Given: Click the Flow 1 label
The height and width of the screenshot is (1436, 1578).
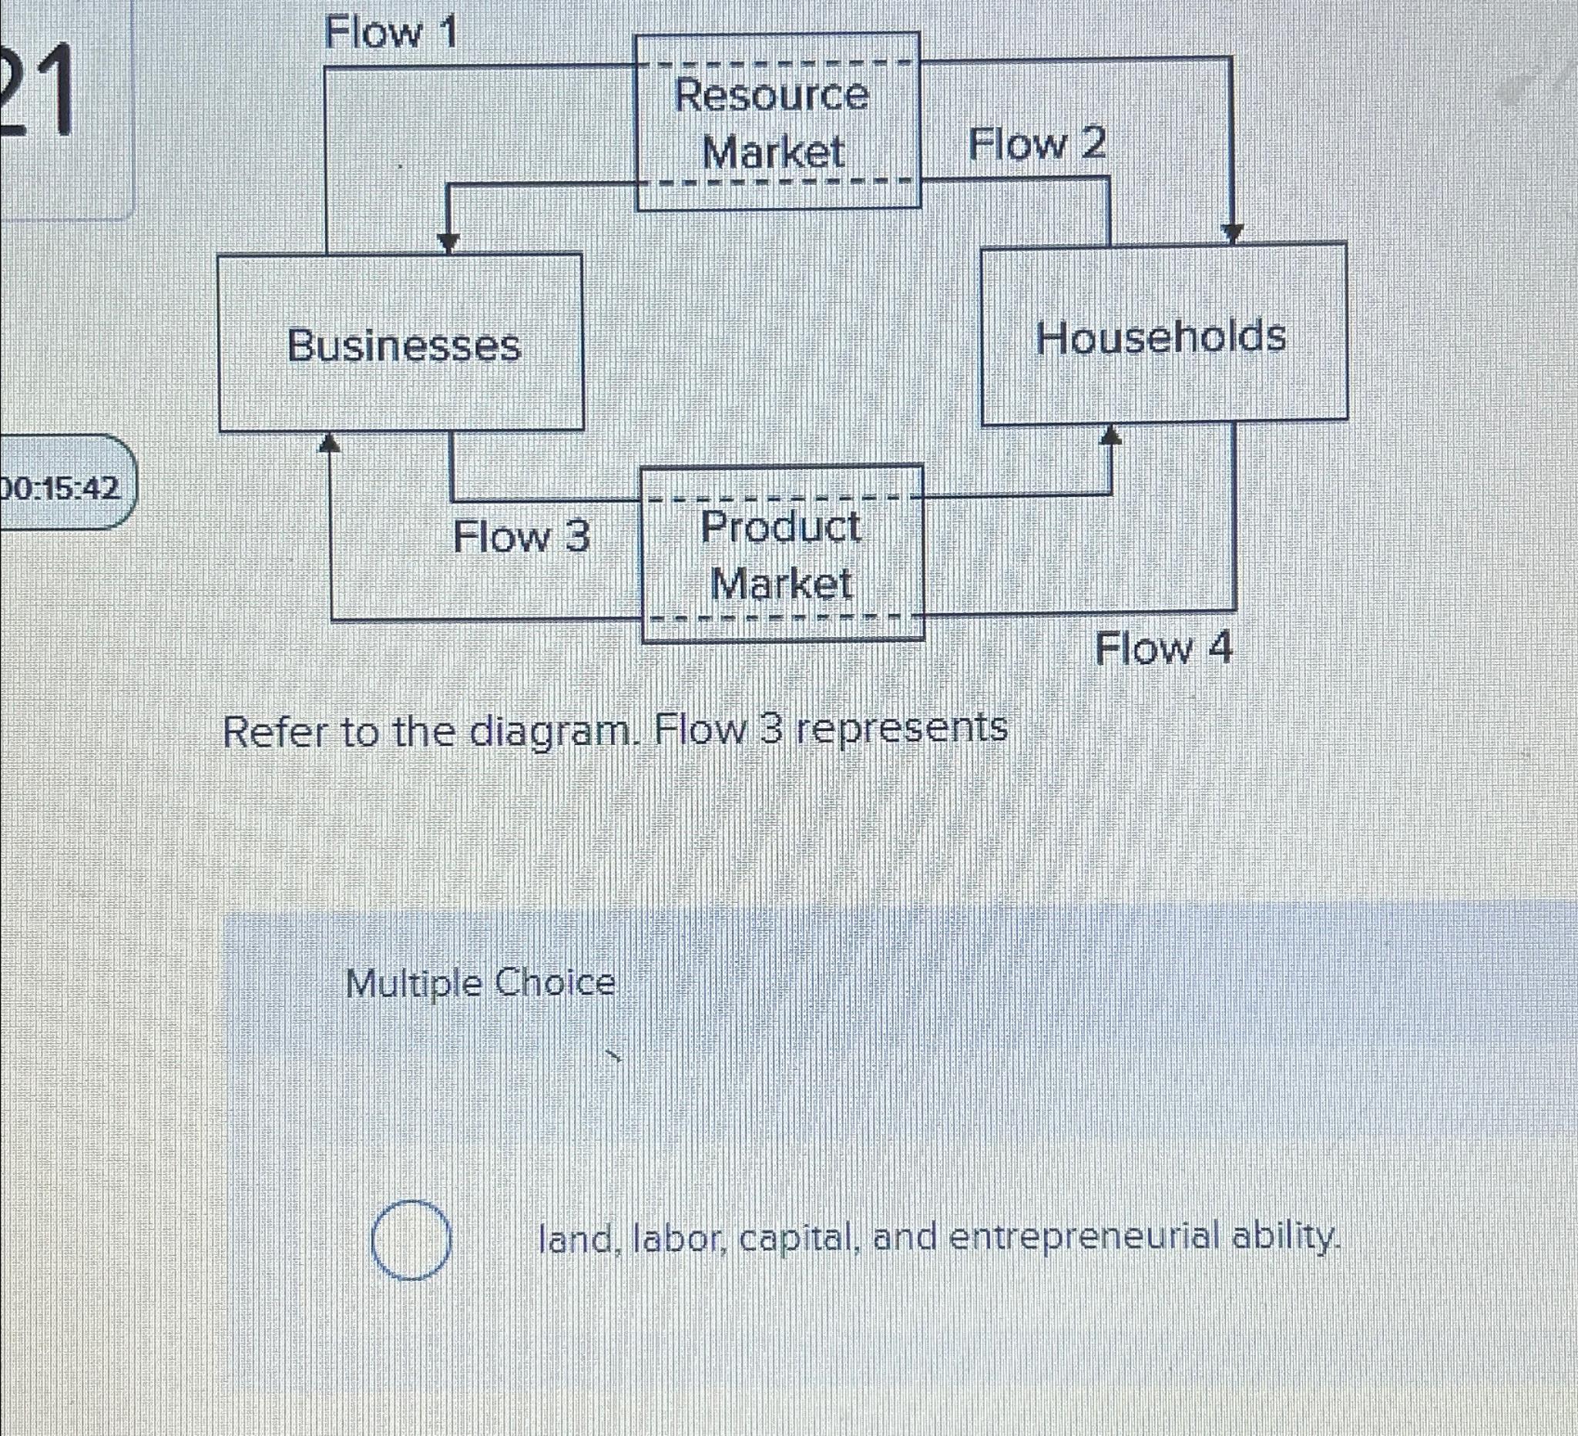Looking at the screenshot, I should tap(390, 34).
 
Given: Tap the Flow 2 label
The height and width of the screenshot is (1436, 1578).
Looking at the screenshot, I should tap(1037, 145).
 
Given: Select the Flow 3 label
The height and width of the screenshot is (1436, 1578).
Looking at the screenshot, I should tap(522, 537).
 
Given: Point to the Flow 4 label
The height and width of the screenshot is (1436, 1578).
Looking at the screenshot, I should tap(1163, 649).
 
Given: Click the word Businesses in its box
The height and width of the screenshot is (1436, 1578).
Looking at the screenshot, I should tap(404, 345).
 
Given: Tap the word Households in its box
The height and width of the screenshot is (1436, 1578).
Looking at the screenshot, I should tap(1161, 337).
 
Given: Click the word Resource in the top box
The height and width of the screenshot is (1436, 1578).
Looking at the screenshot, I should tap(772, 96).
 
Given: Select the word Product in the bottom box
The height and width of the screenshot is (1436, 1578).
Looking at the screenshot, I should tap(781, 527).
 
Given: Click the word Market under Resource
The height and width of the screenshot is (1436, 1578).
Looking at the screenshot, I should tap(774, 152).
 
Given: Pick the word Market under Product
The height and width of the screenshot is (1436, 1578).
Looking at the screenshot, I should tap(781, 584).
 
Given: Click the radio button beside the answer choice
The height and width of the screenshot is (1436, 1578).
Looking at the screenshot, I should tap(410, 1240).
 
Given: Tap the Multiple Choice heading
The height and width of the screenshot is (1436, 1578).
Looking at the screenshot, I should tap(481, 982).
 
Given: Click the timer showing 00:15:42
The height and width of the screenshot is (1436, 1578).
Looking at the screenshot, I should tap(62, 489).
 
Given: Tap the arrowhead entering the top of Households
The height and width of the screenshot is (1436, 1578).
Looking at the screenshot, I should tap(1233, 233).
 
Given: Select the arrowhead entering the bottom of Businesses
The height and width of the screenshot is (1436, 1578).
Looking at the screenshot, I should tap(331, 443).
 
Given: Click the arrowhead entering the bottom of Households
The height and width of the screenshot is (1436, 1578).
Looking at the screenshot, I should tap(1111, 435).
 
